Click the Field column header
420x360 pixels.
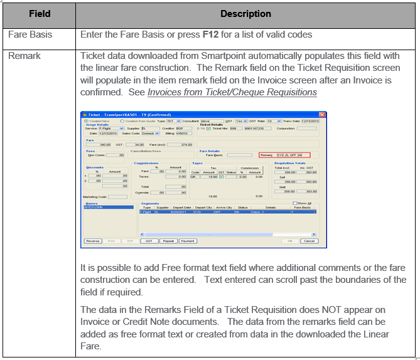pyautogui.click(x=39, y=13)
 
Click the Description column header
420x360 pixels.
pyautogui.click(x=245, y=13)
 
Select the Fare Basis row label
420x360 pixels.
pyautogui.click(x=30, y=34)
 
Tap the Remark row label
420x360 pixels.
pyautogui.click(x=24, y=56)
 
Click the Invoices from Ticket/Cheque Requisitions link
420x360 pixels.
pyautogui.click(x=232, y=92)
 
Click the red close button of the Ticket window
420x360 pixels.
pyautogui.click(x=322, y=115)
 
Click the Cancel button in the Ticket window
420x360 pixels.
pyautogui.click(x=309, y=241)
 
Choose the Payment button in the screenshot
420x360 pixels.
pyautogui.click(x=187, y=241)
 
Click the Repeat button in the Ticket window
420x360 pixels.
pyautogui.click(x=168, y=241)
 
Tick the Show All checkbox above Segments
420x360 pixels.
pyautogui.click(x=295, y=203)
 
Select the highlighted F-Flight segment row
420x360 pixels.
pyautogui.click(x=226, y=212)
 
